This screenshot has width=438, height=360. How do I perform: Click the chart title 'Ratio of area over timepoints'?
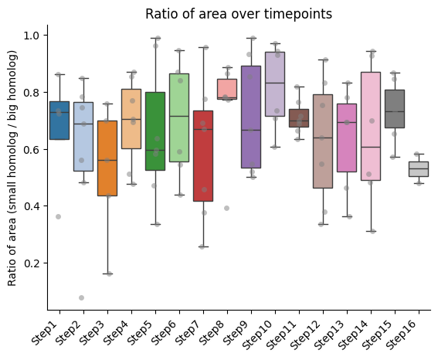click(239, 14)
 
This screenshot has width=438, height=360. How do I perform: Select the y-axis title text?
click(12, 168)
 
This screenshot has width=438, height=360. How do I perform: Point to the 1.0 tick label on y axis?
click(32, 36)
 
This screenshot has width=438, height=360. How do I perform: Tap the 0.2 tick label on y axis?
click(32, 263)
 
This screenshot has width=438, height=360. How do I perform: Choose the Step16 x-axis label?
click(402, 335)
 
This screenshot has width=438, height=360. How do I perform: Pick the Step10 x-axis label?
click(258, 335)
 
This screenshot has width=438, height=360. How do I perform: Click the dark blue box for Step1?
click(59, 121)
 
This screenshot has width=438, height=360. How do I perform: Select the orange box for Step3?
click(107, 158)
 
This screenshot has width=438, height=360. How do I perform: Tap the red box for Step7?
click(203, 156)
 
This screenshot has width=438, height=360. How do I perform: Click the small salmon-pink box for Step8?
click(227, 89)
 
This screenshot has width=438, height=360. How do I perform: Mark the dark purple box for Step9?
click(251, 117)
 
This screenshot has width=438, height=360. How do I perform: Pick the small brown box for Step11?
click(299, 118)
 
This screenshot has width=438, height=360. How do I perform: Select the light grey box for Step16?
click(419, 169)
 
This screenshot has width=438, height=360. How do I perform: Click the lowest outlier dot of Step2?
click(81, 297)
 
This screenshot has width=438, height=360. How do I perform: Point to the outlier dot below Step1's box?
click(58, 217)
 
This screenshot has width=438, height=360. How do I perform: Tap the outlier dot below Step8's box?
click(226, 208)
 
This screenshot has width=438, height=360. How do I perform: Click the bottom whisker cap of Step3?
click(107, 273)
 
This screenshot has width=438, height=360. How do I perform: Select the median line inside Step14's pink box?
click(371, 147)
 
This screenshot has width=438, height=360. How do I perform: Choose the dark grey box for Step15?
click(395, 109)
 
